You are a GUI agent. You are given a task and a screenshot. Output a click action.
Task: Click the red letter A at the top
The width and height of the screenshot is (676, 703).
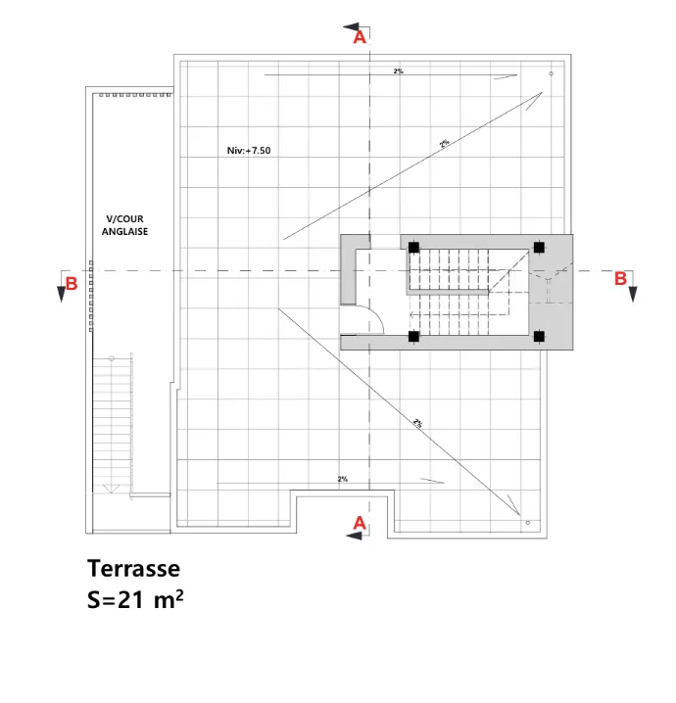click(360, 37)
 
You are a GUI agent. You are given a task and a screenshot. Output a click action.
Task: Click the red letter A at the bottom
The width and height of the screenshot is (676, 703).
click(360, 523)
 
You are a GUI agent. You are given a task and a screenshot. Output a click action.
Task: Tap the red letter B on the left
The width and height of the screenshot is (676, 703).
click(72, 284)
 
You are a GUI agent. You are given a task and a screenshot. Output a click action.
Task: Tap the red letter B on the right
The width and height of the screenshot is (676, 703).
click(620, 278)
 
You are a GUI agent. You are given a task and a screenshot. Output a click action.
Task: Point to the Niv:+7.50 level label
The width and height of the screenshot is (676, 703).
click(249, 151)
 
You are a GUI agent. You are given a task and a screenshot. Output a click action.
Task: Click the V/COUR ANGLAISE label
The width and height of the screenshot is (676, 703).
click(124, 225)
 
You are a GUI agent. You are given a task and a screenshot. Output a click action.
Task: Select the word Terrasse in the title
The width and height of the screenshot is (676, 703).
click(133, 569)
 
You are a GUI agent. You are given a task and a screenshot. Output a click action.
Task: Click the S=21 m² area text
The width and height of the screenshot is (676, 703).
click(135, 599)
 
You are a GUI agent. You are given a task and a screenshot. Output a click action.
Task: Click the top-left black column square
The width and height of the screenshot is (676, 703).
click(413, 247)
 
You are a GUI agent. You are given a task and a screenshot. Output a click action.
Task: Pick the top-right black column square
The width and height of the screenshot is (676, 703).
click(539, 247)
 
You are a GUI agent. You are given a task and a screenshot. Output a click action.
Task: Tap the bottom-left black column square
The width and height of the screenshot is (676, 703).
click(413, 336)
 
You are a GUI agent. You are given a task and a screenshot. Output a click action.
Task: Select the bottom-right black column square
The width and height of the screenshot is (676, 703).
click(539, 336)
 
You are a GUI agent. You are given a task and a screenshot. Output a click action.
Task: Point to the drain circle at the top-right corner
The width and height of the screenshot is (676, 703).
click(551, 73)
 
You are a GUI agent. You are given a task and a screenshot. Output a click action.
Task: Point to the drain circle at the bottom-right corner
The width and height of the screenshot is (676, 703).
click(527, 523)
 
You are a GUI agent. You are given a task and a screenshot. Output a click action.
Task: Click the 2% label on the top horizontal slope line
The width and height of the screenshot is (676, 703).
click(399, 70)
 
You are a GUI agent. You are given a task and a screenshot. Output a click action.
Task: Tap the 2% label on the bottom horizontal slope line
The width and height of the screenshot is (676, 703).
click(342, 480)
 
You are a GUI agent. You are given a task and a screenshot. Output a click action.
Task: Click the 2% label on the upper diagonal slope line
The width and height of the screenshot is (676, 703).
click(445, 143)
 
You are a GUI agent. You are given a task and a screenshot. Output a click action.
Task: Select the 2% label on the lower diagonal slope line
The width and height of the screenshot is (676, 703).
click(417, 423)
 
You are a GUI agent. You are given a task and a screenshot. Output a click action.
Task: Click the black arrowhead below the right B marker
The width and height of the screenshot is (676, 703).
click(633, 294)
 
